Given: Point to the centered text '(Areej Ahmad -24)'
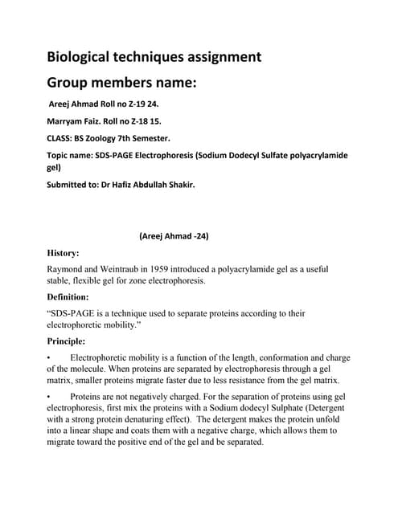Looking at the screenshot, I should [x=174, y=236].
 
